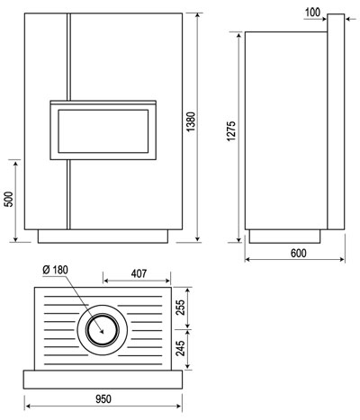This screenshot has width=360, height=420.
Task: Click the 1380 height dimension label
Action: click(x=191, y=121)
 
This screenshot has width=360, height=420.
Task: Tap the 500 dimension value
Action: click(x=9, y=199)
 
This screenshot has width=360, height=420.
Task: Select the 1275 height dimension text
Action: click(x=231, y=131)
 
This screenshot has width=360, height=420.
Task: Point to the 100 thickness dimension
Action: click(x=312, y=13)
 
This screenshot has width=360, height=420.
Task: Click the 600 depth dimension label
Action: click(x=299, y=254)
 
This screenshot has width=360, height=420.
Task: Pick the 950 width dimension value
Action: click(x=103, y=399)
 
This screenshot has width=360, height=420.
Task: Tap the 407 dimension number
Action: click(x=139, y=273)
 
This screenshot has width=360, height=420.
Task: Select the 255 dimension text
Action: click(x=180, y=307)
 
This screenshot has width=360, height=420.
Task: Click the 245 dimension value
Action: click(x=180, y=348)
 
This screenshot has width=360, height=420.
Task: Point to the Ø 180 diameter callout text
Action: click(x=56, y=270)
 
